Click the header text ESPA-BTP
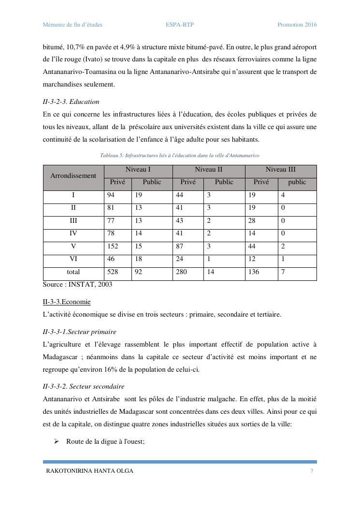pos(179,25)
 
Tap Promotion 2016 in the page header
pos(297,25)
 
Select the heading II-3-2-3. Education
pos(71,102)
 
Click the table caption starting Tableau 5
pos(179,156)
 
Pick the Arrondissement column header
pos(73,176)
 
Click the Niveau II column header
pos(208,170)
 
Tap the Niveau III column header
pos(280,170)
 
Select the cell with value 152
pos(112,246)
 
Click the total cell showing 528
pos(112,272)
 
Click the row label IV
pos(73,233)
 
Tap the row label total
pos(73,272)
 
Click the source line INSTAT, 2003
pos(77,285)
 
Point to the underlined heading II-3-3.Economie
pos(67,302)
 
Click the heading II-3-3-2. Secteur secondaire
pos(84,387)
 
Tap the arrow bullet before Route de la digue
pos(56,441)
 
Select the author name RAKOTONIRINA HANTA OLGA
pos(89,471)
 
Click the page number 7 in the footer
pos(312,471)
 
